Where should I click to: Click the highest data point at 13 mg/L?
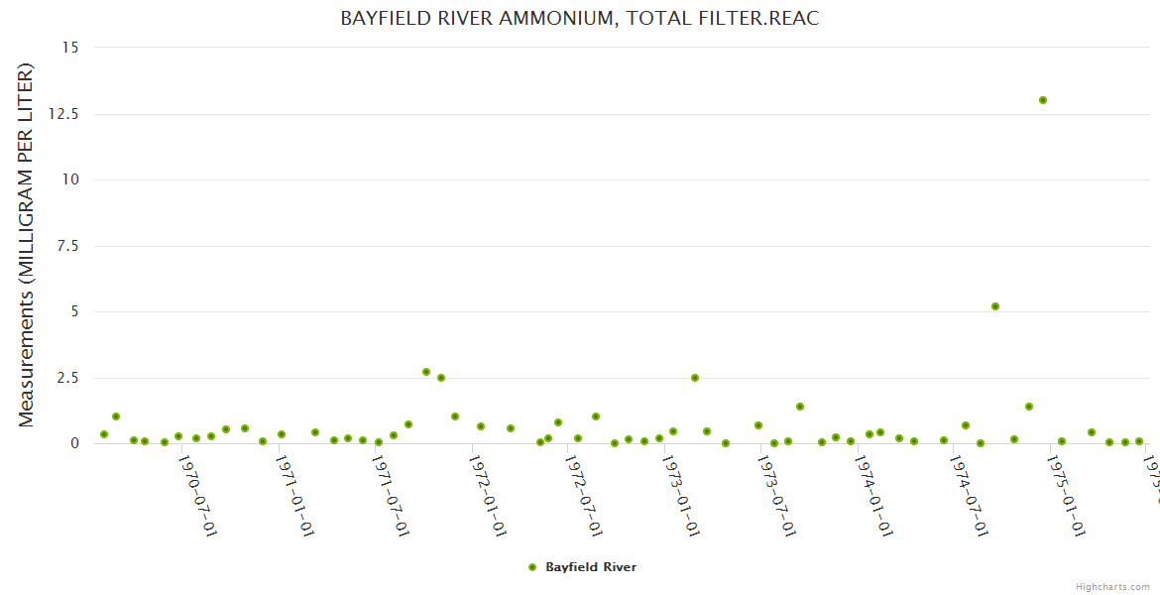[x=1043, y=100]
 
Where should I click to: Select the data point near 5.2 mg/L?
[x=995, y=306]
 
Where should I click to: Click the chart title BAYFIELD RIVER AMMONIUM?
[x=579, y=19]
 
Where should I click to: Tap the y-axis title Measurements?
[x=27, y=245]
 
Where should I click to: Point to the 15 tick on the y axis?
[x=71, y=48]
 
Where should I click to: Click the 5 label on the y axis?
[x=74, y=311]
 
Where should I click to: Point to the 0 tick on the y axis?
[x=74, y=444]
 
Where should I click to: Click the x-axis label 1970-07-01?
[x=196, y=496]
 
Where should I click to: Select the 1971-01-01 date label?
[x=293, y=496]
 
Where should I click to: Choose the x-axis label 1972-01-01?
[x=487, y=496]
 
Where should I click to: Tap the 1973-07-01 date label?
[x=777, y=496]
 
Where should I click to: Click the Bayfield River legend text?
[x=591, y=567]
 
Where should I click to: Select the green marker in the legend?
[x=532, y=567]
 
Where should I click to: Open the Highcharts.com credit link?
[x=1112, y=586]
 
